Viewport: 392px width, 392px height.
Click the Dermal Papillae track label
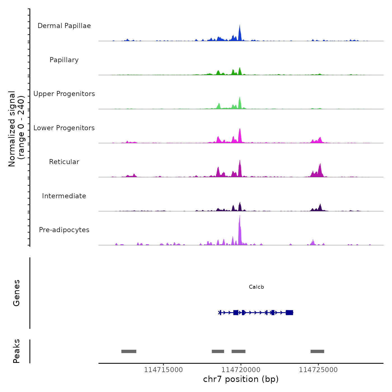coord(64,26)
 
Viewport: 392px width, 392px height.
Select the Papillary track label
coord(64,60)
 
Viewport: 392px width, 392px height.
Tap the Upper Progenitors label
coord(64,94)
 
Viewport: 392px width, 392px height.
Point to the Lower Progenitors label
coord(64,128)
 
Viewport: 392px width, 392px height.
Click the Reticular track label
coord(64,162)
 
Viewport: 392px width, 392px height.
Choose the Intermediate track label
coord(64,196)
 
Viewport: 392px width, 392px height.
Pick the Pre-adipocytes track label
coord(64,230)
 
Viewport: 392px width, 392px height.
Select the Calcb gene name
coord(256,287)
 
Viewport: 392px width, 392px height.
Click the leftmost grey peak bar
coord(129,351)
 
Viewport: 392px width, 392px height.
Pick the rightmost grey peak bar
coord(317,351)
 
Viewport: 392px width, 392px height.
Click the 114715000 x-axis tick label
coord(164,370)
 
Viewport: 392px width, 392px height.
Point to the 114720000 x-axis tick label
coord(241,370)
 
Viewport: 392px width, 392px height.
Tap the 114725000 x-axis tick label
coord(318,370)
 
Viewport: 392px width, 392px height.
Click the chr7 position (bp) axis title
coord(241,379)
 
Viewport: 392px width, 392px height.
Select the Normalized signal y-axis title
coord(16,129)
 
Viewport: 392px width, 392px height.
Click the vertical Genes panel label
coord(16,293)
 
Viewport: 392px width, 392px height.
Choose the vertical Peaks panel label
coord(16,351)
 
